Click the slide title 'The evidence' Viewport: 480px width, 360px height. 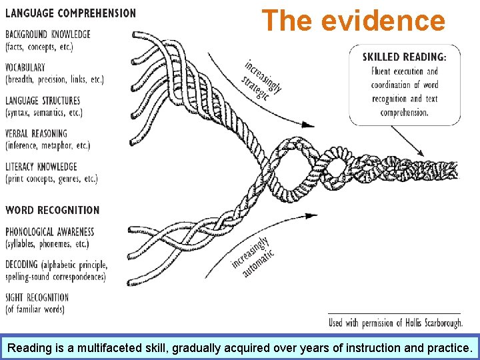[x=353, y=21]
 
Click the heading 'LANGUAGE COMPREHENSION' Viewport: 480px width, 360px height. [x=71, y=13]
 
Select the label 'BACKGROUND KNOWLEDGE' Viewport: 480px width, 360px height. [x=47, y=35]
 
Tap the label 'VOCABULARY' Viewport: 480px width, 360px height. [x=25, y=67]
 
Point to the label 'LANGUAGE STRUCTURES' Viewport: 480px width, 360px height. [x=43, y=101]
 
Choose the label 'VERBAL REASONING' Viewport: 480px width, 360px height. [x=39, y=133]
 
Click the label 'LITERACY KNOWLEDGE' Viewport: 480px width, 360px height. [x=41, y=167]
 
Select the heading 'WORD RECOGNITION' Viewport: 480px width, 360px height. [x=53, y=210]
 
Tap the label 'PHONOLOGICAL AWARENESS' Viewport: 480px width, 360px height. [x=50, y=232]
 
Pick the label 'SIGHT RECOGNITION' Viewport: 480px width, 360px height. [x=37, y=297]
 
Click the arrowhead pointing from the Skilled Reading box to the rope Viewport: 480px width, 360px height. [x=421, y=153]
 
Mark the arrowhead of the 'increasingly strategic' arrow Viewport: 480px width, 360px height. [x=310, y=124]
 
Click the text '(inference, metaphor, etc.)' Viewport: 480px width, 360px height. [x=47, y=145]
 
